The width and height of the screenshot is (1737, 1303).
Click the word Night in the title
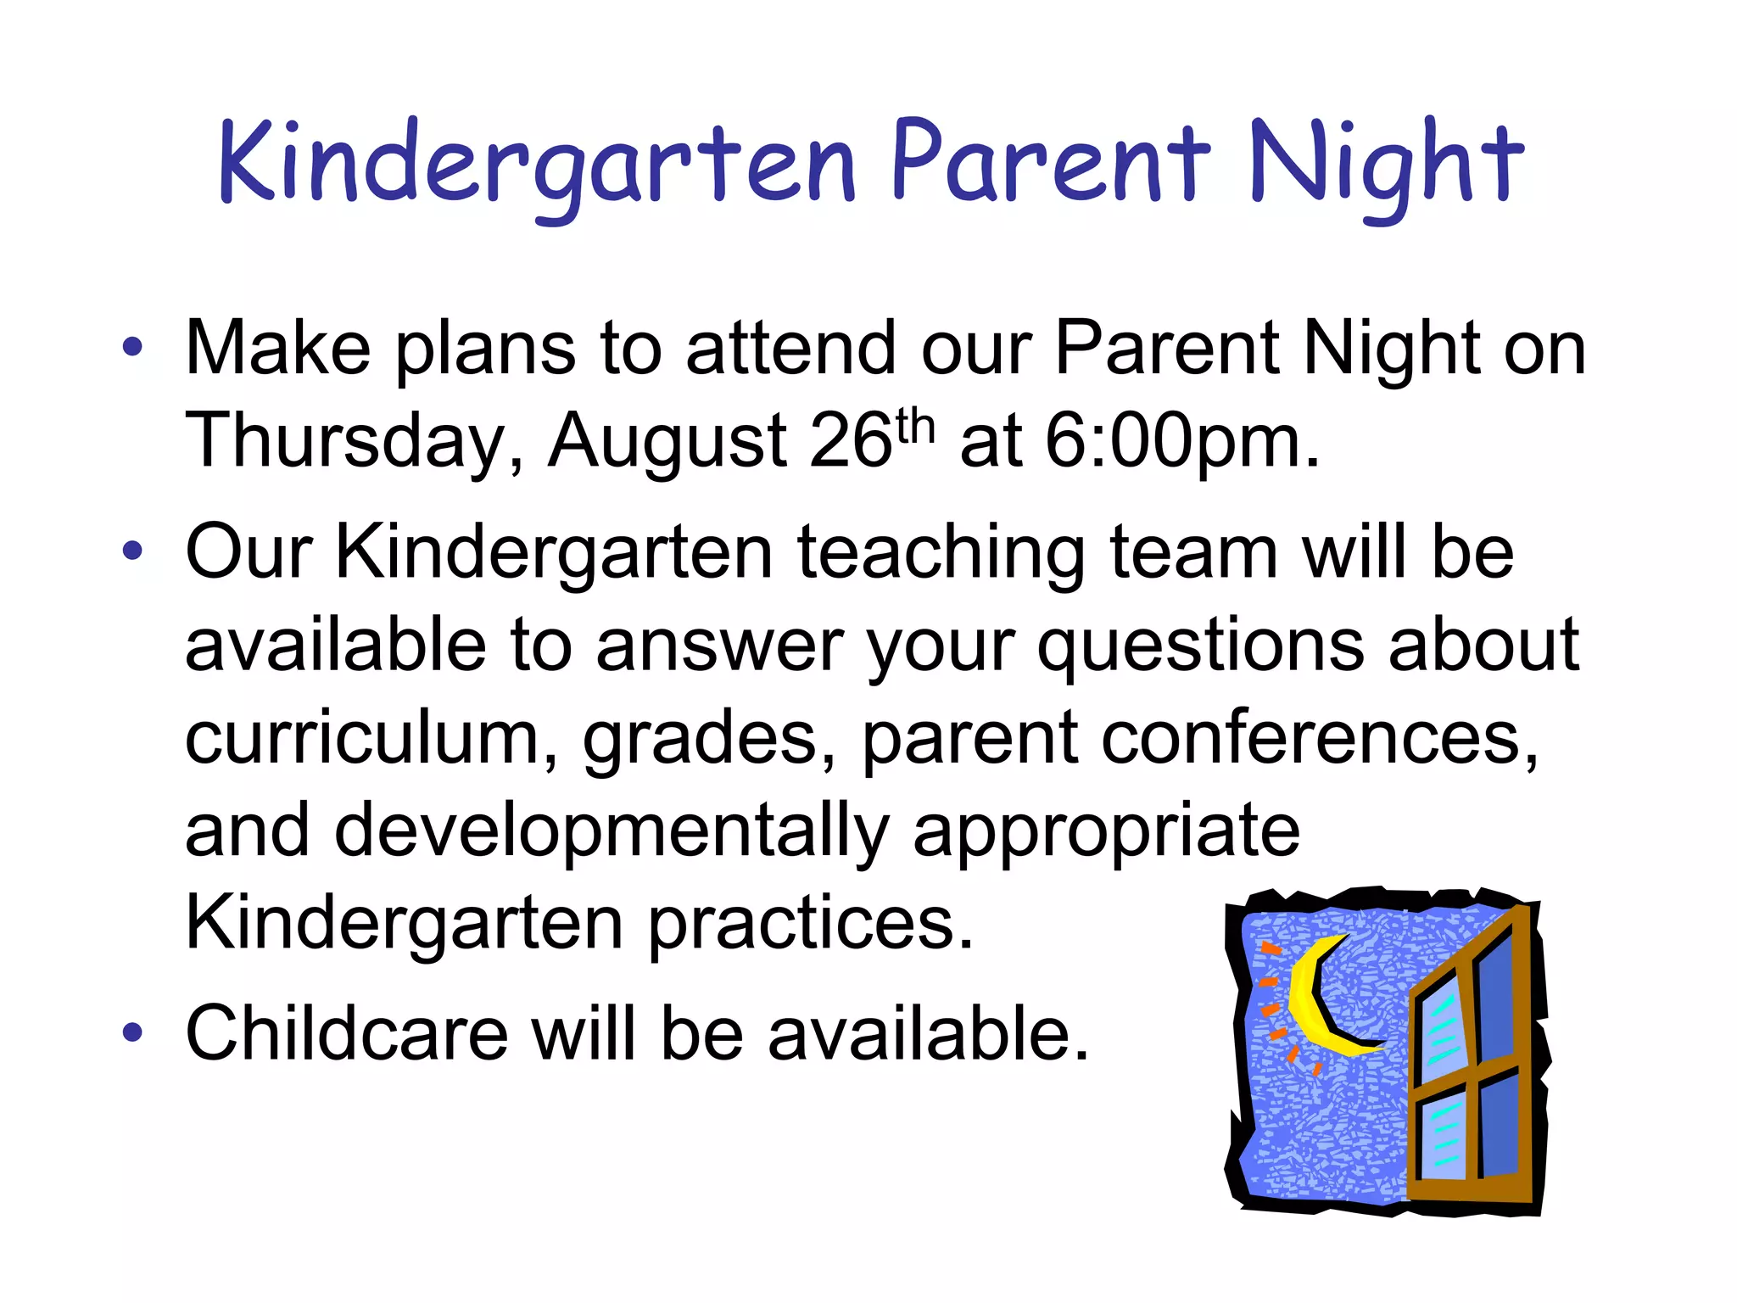point(1386,165)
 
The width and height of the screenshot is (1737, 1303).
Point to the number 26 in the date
point(852,441)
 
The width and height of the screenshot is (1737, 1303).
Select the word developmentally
point(611,831)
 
